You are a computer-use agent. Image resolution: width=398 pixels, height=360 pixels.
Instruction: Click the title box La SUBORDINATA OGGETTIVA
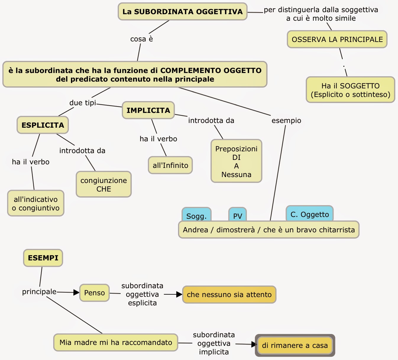182,12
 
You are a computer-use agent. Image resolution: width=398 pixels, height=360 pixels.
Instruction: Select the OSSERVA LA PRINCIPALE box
337,39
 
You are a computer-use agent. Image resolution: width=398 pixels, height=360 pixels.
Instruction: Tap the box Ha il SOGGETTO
350,90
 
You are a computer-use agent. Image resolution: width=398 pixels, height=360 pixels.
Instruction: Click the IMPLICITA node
148,110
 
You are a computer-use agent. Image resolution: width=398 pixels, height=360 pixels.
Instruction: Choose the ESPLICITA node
43,125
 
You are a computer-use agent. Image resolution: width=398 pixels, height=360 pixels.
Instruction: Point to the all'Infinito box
170,165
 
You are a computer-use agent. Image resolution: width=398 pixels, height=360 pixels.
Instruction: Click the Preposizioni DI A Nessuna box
236,161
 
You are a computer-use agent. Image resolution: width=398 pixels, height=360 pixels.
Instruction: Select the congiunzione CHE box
103,184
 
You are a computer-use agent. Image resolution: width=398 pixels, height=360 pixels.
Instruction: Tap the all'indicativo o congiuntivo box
36,203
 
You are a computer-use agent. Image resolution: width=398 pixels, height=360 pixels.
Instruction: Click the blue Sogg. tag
196,215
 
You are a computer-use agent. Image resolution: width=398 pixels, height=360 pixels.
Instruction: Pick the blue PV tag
237,215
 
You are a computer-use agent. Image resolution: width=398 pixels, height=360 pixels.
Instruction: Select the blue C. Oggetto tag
310,214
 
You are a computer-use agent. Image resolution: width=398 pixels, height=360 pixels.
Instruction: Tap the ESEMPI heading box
43,258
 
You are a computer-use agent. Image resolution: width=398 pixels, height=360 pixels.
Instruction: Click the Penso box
94,293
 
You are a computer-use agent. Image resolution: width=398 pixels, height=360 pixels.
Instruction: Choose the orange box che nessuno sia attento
229,295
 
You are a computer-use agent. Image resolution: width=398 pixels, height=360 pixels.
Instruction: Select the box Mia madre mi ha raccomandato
116,343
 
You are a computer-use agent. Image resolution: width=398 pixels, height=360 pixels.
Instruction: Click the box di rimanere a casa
295,346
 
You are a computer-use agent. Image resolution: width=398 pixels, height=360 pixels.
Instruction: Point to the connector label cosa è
141,39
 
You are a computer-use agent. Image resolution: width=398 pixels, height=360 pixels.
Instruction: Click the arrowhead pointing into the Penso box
76,293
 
